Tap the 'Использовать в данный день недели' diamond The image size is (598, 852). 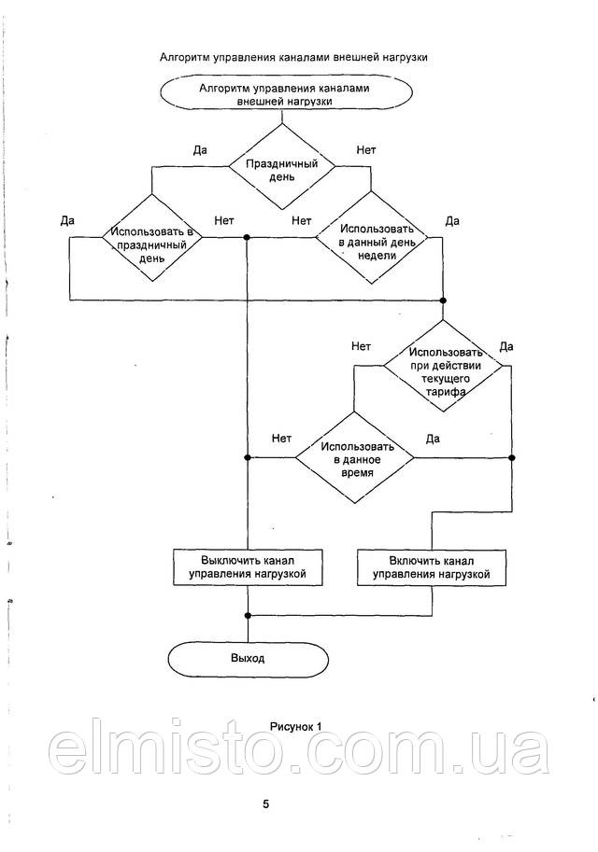(x=371, y=239)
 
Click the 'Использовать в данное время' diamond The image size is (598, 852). (x=354, y=457)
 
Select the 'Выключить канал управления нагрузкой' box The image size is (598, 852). (x=248, y=566)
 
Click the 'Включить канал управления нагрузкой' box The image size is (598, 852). (x=432, y=566)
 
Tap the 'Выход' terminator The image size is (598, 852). (x=248, y=658)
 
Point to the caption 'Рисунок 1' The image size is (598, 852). (x=295, y=725)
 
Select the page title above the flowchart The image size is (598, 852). (x=293, y=57)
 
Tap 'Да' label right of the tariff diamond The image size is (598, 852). (x=506, y=346)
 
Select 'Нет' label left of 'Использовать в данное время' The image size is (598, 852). (x=281, y=438)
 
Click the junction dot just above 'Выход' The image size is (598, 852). (x=248, y=615)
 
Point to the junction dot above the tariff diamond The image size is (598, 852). (x=444, y=300)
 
